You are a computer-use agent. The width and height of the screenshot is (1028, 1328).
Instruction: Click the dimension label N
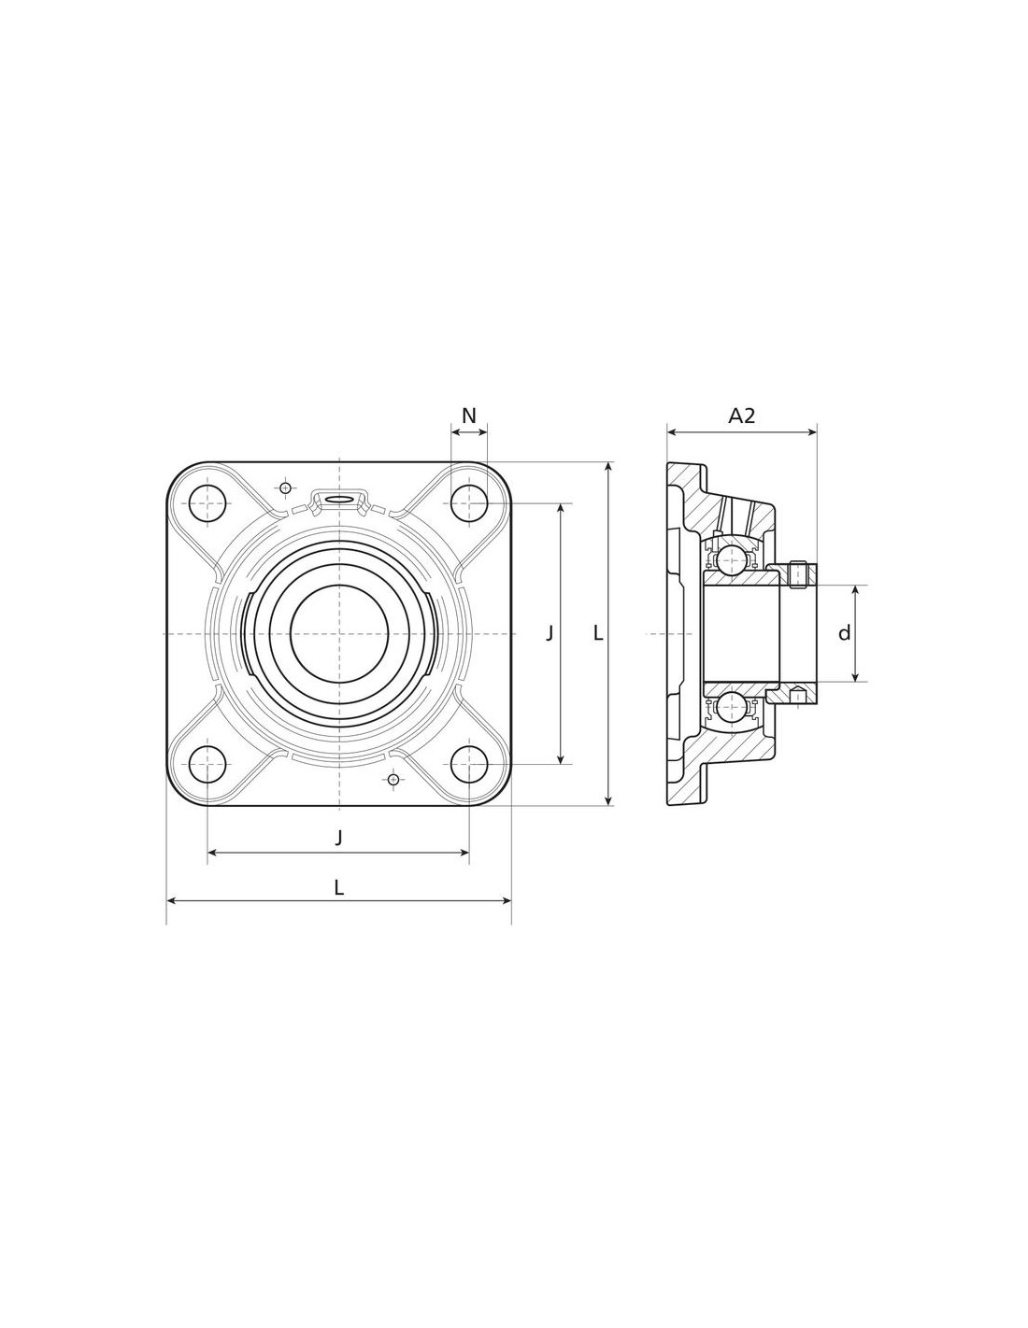[468, 417]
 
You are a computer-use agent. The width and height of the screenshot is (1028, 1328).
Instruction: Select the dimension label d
[844, 633]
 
